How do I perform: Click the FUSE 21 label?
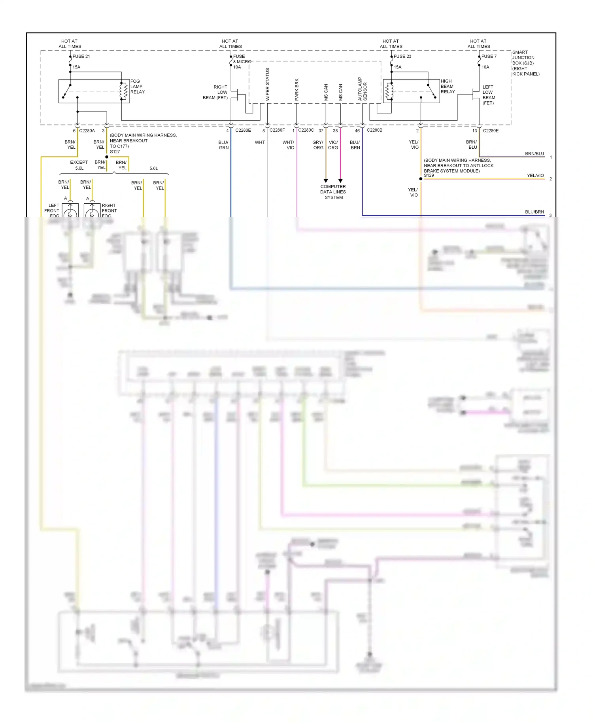click(81, 56)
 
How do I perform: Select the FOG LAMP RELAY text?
click(137, 87)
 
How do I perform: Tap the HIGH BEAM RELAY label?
click(448, 86)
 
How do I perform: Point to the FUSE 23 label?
click(402, 56)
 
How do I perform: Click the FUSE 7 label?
click(489, 56)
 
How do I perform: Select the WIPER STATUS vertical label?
click(267, 84)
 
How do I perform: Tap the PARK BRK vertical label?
click(296, 89)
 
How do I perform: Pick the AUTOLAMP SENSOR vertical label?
click(362, 89)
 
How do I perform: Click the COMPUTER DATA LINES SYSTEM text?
click(333, 192)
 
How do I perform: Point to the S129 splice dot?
click(421, 179)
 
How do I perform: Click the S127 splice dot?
click(107, 157)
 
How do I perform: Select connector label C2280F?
click(277, 130)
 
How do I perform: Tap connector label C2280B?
click(374, 130)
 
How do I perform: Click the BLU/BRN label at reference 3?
click(534, 212)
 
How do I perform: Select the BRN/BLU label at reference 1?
click(534, 153)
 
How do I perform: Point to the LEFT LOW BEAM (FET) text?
click(488, 95)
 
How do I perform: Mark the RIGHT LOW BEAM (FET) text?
click(216, 93)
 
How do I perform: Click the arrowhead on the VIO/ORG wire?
click(340, 181)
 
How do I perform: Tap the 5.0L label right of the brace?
click(153, 168)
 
